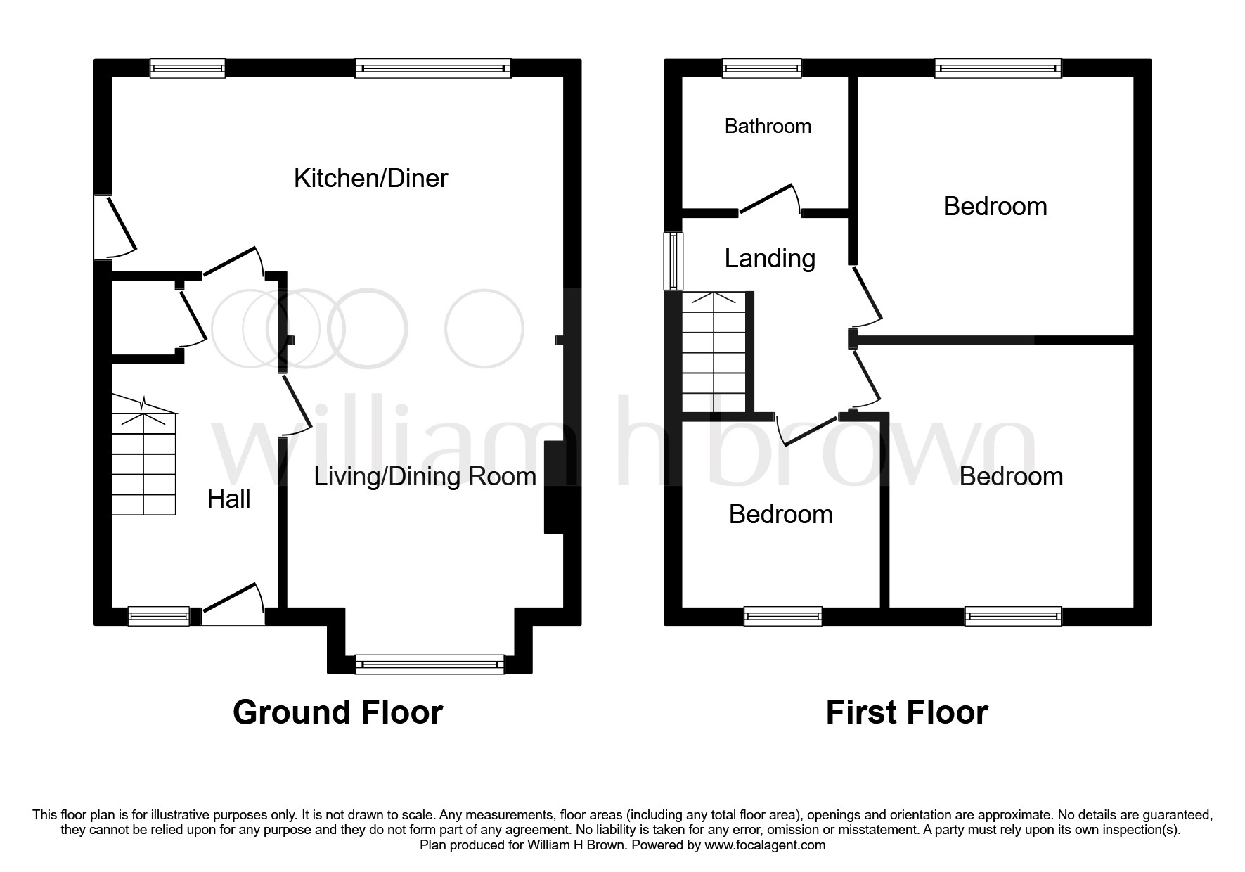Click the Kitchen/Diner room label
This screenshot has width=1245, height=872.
coord(370,179)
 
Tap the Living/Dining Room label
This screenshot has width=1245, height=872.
coord(425,477)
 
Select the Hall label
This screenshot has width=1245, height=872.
coord(229,499)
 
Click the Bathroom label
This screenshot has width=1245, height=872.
coord(768,126)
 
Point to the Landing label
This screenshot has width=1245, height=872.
coord(770,259)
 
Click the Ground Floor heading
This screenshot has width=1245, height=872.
coord(337,712)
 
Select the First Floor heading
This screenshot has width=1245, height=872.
coord(907,712)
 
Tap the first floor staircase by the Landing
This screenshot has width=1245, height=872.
coord(714,352)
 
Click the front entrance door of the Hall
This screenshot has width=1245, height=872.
coord(233,605)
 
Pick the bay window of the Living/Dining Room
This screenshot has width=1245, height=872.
coord(430,664)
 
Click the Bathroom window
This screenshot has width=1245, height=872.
coord(762,68)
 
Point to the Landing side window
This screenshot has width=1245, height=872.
coord(673,261)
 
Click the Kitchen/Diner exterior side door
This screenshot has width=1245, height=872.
coord(114,226)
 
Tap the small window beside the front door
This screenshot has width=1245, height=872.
coord(158,616)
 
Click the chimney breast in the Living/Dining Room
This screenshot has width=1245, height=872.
coord(555,487)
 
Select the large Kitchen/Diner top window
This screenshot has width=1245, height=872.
coord(433,68)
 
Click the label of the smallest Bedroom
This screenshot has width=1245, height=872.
coord(780,515)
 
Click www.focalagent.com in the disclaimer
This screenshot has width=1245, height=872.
coord(765,845)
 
